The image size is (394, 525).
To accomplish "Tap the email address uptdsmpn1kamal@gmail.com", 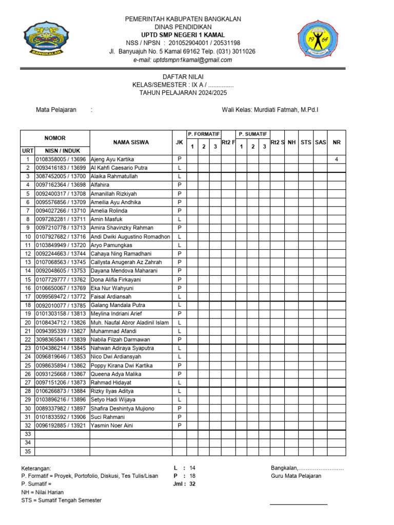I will tap(183, 60).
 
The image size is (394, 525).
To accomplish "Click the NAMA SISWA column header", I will tap(131, 142).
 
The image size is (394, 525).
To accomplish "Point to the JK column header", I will tap(180, 142).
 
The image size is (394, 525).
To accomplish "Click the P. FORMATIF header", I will tap(204, 134).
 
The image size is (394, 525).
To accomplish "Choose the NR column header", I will tap(337, 142).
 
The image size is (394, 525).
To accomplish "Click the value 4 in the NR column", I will tap(337, 159).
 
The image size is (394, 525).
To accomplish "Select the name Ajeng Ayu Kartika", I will tap(112, 159).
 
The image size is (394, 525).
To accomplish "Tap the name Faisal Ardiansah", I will tap(111, 296).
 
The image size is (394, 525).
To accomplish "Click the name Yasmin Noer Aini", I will tap(112, 426).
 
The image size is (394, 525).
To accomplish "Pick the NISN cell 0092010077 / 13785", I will tap(61, 305).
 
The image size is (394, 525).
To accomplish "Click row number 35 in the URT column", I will tap(28, 451).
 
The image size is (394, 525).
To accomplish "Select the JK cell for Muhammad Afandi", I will tap(180, 331).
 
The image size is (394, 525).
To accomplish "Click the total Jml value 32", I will tap(192, 484).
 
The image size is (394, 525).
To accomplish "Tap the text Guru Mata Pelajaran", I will tap(296, 476).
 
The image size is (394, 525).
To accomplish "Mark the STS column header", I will tap(306, 142).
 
